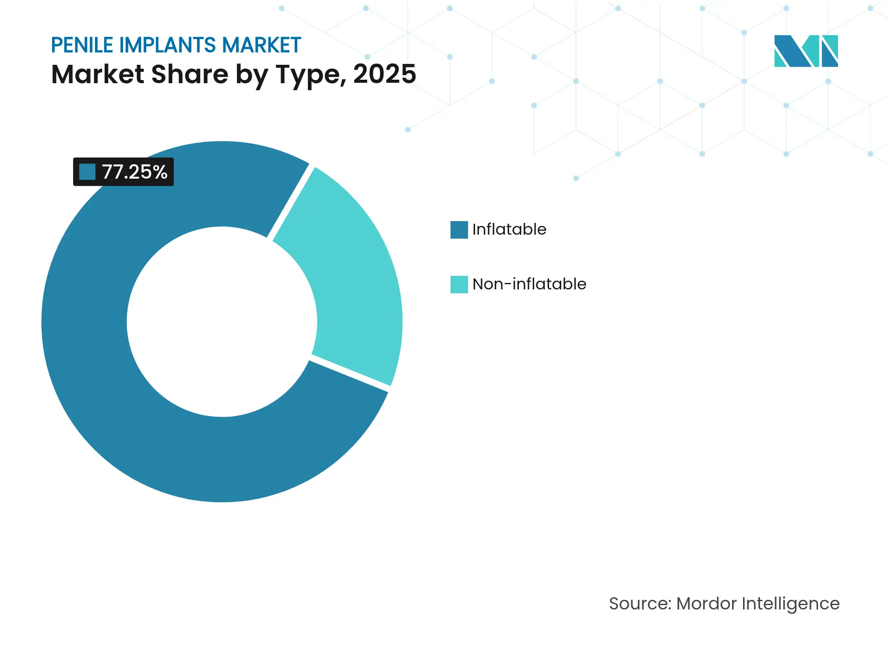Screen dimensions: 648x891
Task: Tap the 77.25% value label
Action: pos(134,172)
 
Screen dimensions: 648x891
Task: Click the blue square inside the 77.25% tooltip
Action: pos(87,172)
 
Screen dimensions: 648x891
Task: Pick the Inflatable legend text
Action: pos(509,229)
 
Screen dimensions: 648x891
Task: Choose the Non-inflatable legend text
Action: pos(529,284)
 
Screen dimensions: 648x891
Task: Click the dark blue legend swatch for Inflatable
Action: pos(459,230)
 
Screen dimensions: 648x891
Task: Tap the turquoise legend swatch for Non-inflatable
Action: pos(459,285)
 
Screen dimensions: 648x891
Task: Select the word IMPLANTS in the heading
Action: pos(168,45)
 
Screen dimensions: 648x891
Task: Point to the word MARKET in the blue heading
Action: pos(261,45)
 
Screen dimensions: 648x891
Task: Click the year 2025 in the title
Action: pos(384,74)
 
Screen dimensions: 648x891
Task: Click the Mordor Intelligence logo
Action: pos(806,51)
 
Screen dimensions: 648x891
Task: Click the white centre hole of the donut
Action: pos(222,322)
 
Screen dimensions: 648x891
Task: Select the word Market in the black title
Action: pos(98,74)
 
